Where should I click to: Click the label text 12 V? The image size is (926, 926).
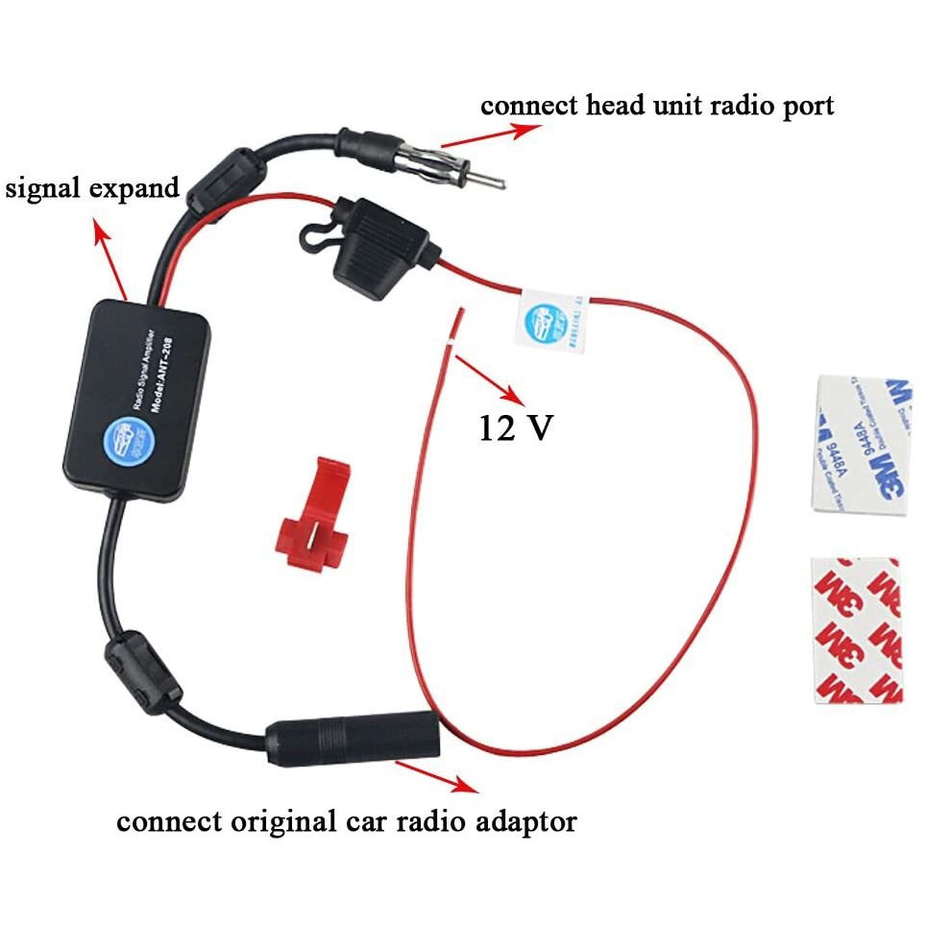[516, 426]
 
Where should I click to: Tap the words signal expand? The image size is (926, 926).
[93, 186]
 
